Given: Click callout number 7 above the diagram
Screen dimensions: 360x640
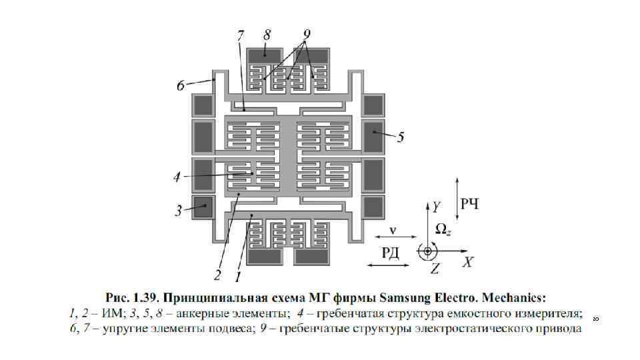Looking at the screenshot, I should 241,35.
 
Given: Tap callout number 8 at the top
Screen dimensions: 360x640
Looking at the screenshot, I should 267,34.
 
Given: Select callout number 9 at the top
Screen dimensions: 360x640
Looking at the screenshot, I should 307,34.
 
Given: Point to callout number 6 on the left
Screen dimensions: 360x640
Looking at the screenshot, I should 181,85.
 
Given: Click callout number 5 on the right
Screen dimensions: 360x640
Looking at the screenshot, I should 400,138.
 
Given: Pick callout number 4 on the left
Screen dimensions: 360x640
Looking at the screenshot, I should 177,177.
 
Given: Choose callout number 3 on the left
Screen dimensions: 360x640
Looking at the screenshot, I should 179,211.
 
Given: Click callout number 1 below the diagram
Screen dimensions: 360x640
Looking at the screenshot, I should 237,273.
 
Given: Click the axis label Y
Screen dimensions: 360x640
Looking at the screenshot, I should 435,206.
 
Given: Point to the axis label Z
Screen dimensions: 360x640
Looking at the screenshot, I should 435,269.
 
